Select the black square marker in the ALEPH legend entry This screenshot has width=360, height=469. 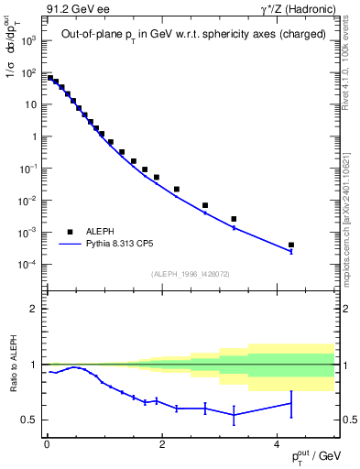coord(70,232)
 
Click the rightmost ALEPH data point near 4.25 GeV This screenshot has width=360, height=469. coord(291,245)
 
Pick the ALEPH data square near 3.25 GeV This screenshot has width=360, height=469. coord(234,219)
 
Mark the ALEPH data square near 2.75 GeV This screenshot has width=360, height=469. coord(205,205)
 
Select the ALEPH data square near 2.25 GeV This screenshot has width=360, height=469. coord(177,189)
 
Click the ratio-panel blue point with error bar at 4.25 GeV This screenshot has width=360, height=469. coord(291,403)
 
